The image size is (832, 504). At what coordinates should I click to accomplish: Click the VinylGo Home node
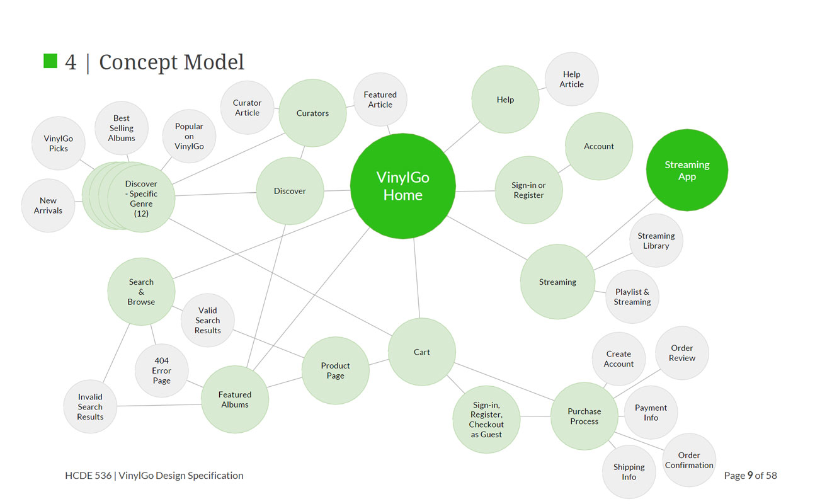click(402, 186)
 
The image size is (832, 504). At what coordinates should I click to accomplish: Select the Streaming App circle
click(687, 170)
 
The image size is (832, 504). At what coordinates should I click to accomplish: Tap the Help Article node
click(571, 79)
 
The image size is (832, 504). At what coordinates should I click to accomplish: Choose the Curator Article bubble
click(247, 108)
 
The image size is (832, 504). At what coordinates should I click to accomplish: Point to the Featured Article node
click(380, 100)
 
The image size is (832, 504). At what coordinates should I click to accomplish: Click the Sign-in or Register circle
click(528, 190)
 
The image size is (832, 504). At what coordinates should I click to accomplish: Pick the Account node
click(598, 146)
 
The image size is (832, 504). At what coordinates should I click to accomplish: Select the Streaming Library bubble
click(656, 241)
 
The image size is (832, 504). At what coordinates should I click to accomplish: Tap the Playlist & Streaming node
click(632, 297)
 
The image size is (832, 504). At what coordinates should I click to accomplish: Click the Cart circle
click(421, 352)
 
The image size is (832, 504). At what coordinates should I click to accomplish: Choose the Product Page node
click(335, 370)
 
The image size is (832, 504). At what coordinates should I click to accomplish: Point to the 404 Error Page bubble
click(161, 370)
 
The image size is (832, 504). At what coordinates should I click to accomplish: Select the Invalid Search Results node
click(90, 407)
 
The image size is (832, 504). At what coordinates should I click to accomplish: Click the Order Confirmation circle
click(689, 460)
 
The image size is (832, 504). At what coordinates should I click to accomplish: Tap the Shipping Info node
click(629, 472)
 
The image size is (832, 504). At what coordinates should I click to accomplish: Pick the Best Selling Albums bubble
click(122, 128)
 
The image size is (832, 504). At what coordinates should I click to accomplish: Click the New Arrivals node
click(48, 205)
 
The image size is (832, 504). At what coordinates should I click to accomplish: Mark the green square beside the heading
click(50, 61)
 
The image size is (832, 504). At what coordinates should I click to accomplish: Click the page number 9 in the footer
click(750, 476)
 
